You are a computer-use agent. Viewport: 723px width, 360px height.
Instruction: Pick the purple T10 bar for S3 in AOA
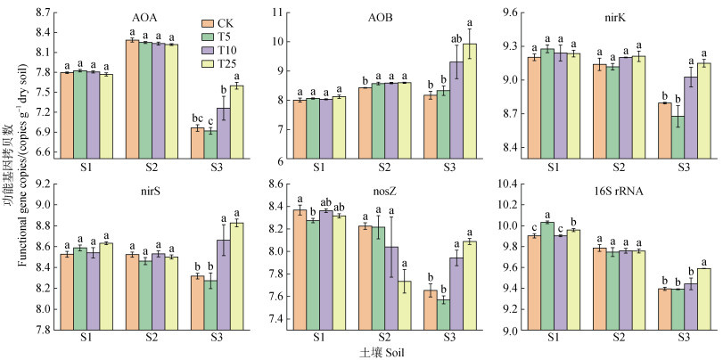click(x=223, y=134)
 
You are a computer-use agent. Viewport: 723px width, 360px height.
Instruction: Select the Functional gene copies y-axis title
click(x=12, y=178)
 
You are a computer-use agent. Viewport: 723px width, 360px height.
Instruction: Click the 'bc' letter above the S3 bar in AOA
click(x=194, y=119)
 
